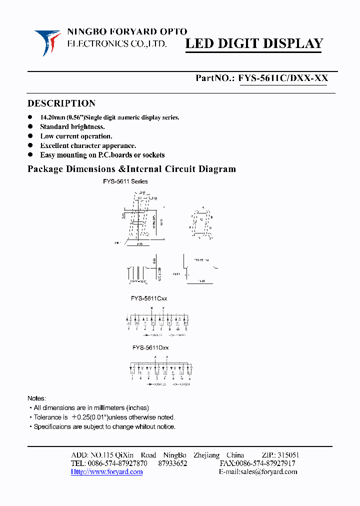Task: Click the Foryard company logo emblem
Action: [x=47, y=41]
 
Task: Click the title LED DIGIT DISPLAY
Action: [x=254, y=44]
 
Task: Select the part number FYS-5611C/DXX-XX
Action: [x=283, y=78]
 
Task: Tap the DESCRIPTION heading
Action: [x=61, y=103]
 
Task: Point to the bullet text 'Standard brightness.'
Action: [x=72, y=127]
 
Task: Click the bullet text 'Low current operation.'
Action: [x=76, y=136]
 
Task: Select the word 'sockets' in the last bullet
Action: [x=152, y=155]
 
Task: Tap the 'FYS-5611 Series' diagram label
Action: [x=125, y=181]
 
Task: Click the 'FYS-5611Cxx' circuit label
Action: [x=149, y=298]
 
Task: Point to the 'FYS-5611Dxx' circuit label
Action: [x=150, y=347]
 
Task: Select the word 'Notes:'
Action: [x=36, y=398]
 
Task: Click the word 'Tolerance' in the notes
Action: [x=47, y=417]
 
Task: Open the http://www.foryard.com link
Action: [x=106, y=472]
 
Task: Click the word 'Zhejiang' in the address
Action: [x=206, y=455]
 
